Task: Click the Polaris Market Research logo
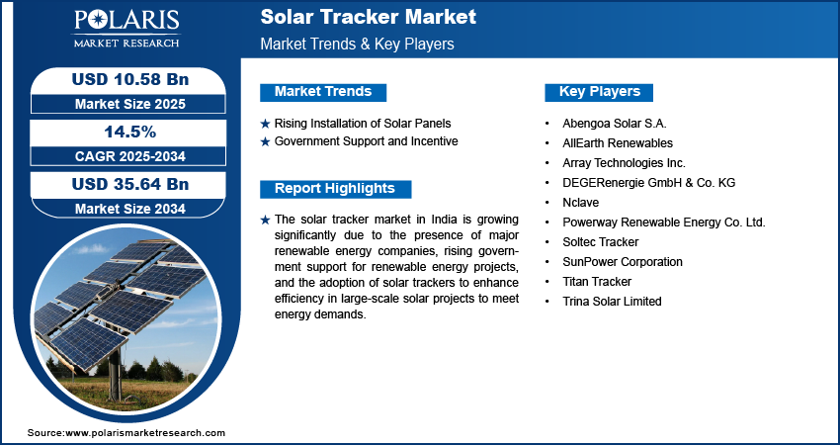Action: [126, 29]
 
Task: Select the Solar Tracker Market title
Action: [368, 17]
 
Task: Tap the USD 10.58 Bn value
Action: [130, 79]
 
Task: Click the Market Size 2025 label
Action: [130, 104]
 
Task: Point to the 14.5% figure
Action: [130, 132]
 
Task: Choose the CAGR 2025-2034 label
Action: [130, 156]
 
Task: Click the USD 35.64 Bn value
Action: [130, 184]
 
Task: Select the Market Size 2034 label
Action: [130, 209]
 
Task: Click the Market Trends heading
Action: [323, 92]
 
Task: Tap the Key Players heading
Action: [600, 92]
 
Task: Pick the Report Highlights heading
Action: [335, 189]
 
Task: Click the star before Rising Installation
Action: [265, 124]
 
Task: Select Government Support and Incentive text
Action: [367, 141]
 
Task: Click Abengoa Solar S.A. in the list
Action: [615, 124]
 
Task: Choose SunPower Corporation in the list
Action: [623, 262]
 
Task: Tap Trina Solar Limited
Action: [612, 302]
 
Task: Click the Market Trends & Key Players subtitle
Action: [358, 44]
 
